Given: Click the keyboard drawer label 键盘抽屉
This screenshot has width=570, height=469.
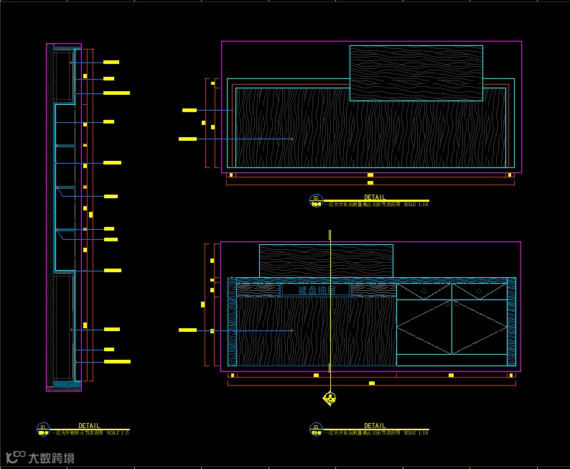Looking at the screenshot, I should pos(316,290).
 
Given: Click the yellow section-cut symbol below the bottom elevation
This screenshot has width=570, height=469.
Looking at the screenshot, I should pos(330,397).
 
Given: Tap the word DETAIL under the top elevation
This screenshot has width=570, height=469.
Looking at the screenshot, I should pos(374,197).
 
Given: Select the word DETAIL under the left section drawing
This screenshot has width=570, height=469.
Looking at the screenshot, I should pos(89,426).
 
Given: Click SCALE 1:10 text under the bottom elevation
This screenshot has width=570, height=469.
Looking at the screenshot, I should pos(416,433).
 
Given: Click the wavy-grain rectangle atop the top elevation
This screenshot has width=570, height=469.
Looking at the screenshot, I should pos(416,73).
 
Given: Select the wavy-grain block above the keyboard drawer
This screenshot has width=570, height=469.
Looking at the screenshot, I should pos(326,260).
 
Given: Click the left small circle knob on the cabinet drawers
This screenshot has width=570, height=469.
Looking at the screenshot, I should pos(424,291).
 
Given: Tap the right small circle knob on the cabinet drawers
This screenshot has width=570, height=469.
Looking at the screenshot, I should pos(479,291).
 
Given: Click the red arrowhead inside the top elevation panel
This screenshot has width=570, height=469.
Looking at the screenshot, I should pos(292,139).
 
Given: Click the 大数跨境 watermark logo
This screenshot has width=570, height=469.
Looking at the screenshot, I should pos(40,458).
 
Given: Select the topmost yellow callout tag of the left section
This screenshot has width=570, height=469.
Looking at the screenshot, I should pos(111,62).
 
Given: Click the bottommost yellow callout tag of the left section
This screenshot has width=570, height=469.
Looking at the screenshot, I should pos(117,361).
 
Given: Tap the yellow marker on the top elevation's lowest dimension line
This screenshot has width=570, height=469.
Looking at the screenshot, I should pos(370,183).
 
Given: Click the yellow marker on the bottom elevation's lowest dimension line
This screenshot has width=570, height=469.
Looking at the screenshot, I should pos(371,384).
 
